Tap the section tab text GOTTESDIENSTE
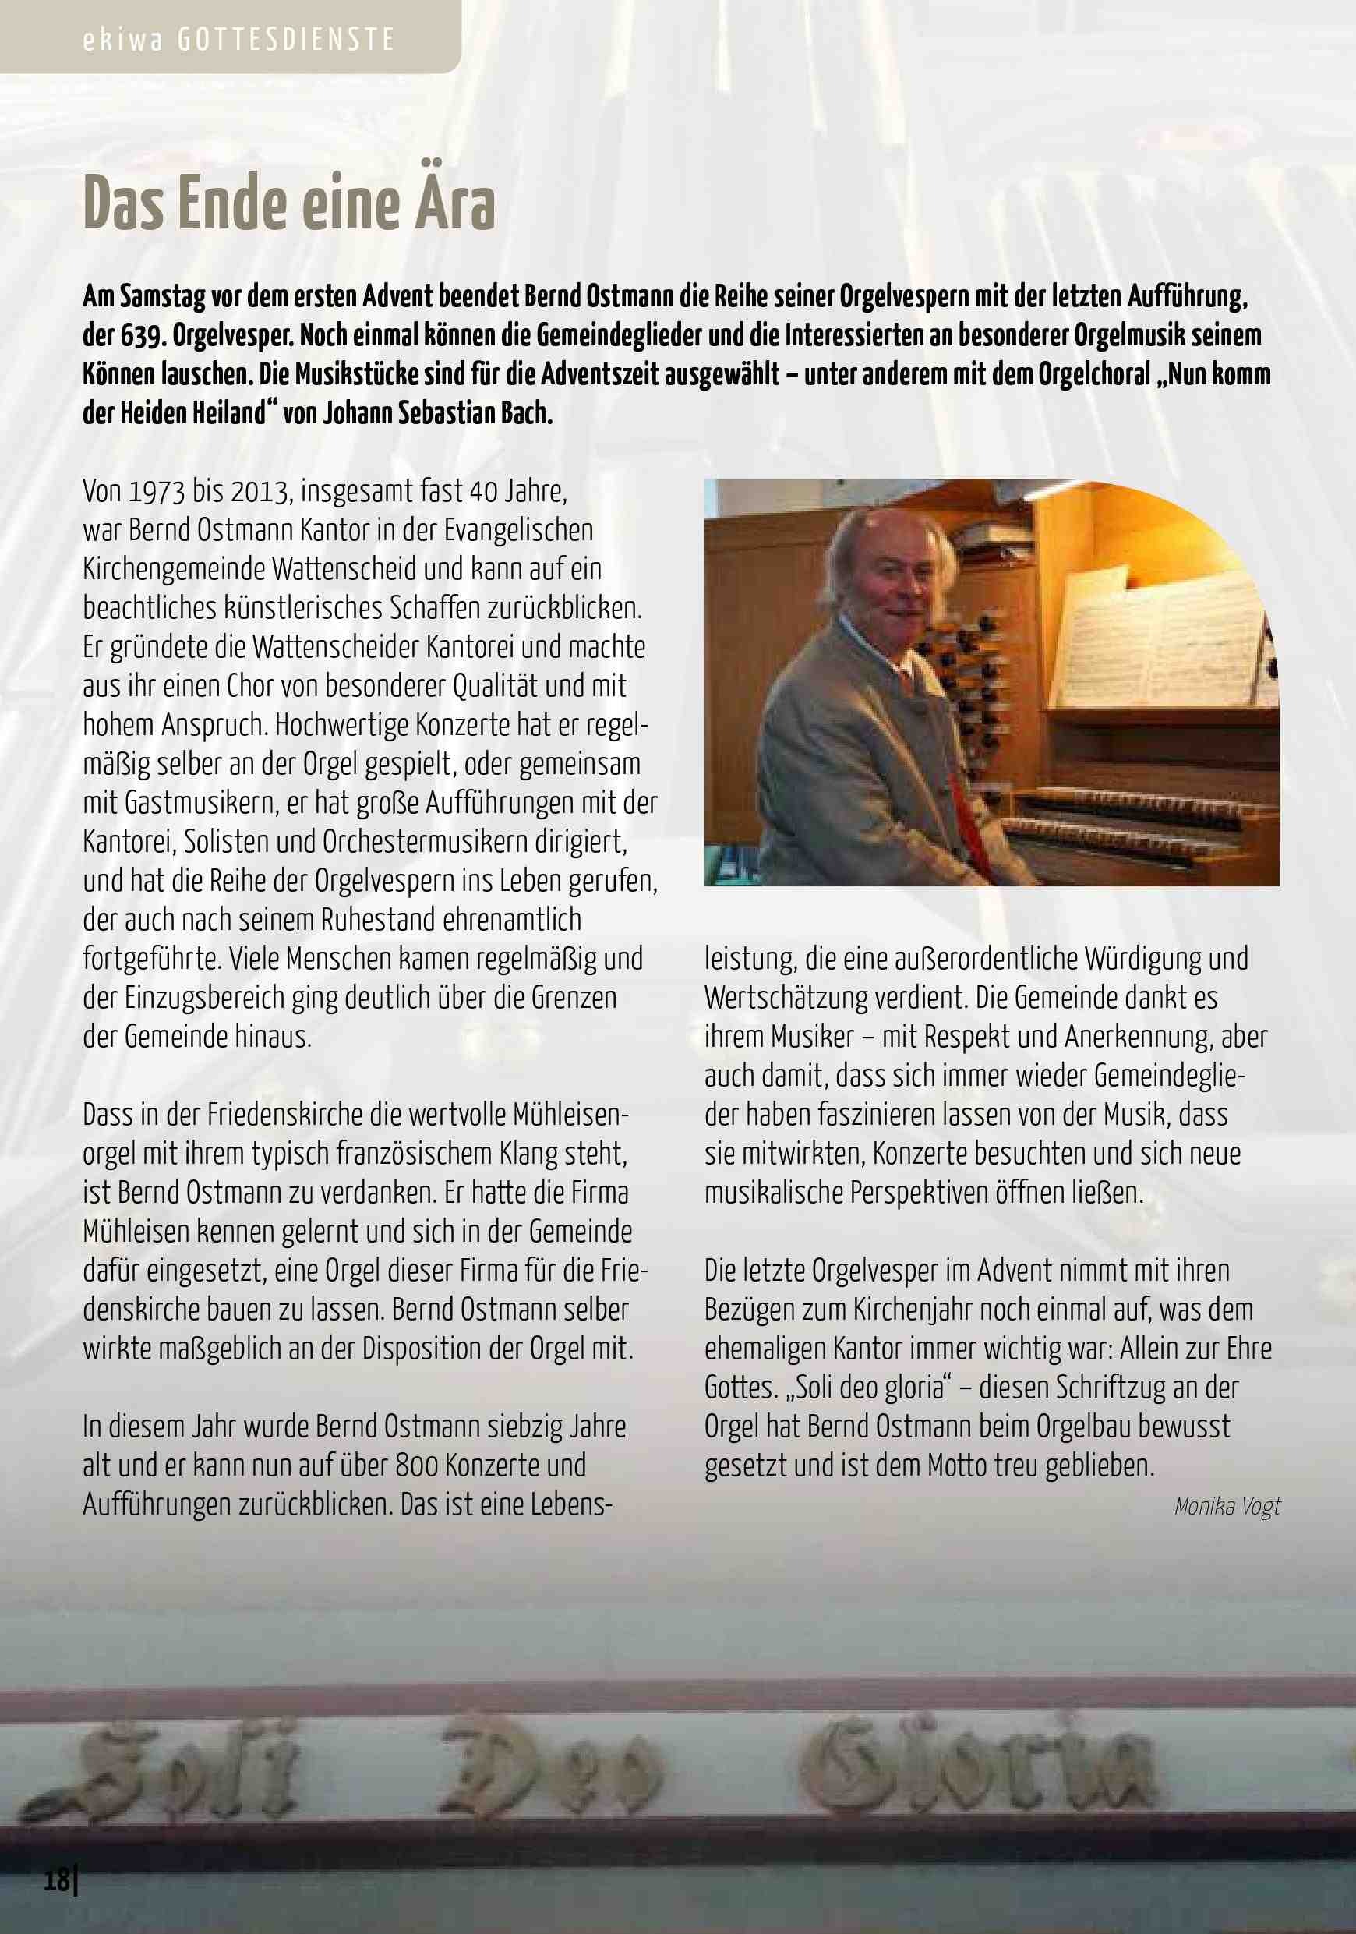[x=286, y=41]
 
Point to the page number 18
[x=57, y=1880]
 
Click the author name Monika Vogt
[x=1227, y=1507]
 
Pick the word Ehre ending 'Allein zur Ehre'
[x=1249, y=1349]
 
